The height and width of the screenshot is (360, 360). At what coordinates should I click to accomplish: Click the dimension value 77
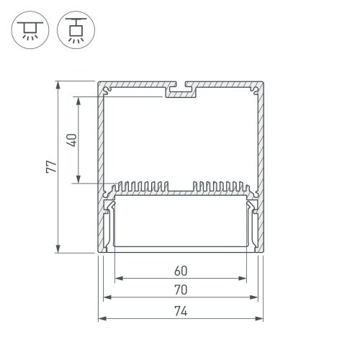[x=48, y=166]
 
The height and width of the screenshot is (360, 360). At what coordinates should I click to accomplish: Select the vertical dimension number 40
[x=70, y=139]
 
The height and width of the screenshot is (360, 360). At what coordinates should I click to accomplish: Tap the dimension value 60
[x=180, y=271]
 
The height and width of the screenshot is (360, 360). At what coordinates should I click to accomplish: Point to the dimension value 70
[x=180, y=291]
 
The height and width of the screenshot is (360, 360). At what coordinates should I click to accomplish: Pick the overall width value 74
[x=180, y=311]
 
